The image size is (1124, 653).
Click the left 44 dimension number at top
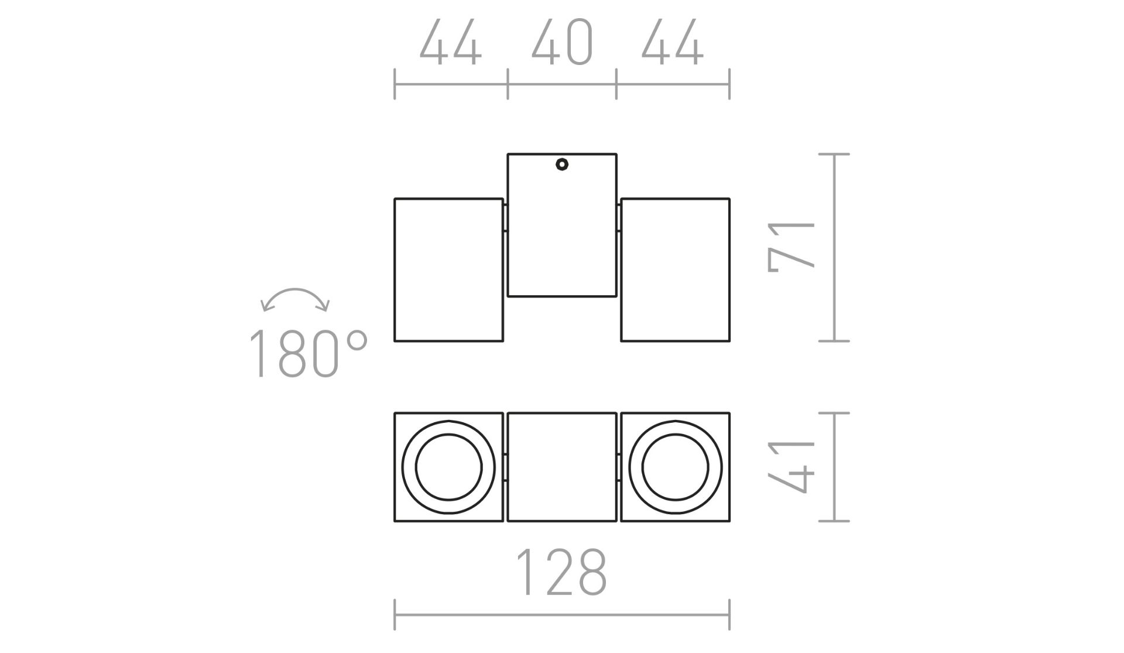451,42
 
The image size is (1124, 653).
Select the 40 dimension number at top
562,42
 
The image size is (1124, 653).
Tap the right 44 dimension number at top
673,42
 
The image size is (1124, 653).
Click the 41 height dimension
791,467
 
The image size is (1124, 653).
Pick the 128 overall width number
561,572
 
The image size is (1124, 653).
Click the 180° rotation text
308,353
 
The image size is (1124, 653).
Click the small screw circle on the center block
562,165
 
